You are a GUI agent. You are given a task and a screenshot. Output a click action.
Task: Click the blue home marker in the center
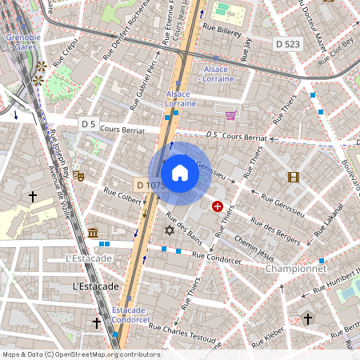(180, 173)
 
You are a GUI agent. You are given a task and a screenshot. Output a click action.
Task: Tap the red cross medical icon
(217, 206)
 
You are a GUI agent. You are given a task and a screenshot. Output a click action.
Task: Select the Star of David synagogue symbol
(169, 230)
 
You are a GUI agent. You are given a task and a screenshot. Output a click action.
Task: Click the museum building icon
(93, 233)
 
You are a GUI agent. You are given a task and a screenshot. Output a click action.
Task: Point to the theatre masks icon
(78, 174)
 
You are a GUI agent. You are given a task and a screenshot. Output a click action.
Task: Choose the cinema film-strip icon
(294, 177)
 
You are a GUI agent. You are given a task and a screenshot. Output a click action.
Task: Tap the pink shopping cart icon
(231, 115)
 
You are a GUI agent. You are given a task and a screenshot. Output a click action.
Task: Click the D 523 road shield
(286, 44)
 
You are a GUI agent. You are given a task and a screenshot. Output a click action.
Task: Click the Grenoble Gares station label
(23, 42)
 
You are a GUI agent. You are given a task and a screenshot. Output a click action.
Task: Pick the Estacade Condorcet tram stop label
(131, 314)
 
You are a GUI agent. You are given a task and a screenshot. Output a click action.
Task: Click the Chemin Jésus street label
(254, 251)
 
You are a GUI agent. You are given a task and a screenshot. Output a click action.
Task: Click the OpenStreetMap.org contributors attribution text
(104, 354)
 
